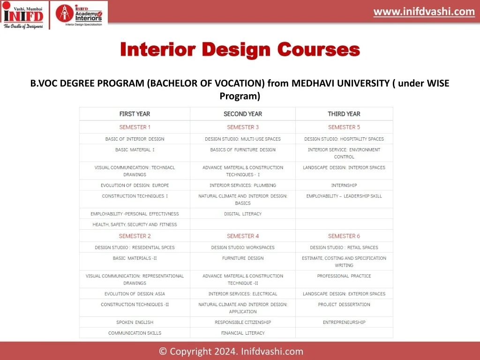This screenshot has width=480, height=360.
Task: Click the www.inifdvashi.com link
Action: pyautogui.click(x=424, y=12)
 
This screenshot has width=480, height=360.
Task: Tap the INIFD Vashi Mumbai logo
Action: pyautogui.click(x=23, y=15)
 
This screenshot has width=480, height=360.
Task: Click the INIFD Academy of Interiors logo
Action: pyautogui.click(x=79, y=15)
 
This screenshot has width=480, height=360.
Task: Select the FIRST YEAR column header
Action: pyautogui.click(x=135, y=114)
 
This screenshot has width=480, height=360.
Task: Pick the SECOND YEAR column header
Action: pyautogui.click(x=243, y=114)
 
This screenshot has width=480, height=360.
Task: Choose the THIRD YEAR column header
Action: pyautogui.click(x=344, y=114)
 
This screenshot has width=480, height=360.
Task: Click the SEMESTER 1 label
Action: pyautogui.click(x=135, y=127)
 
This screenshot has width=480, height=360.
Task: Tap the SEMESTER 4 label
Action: pyautogui.click(x=243, y=236)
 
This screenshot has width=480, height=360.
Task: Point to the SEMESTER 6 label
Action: pyautogui.click(x=344, y=236)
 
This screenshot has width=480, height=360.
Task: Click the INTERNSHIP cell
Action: pyautogui.click(x=344, y=185)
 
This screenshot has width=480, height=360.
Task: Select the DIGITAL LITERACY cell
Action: pyautogui.click(x=243, y=214)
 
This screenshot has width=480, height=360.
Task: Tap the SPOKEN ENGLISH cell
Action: pyautogui.click(x=135, y=322)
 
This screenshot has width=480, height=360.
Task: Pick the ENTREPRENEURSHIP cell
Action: pyautogui.click(x=344, y=322)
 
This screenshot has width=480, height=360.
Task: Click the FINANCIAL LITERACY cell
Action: pyautogui.click(x=243, y=333)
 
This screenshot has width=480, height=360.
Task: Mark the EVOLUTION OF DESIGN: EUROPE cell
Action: pyautogui.click(x=135, y=185)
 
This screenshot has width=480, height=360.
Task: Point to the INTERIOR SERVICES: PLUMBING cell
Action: pyautogui.click(x=243, y=185)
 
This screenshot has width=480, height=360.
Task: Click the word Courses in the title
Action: pyautogui.click(x=319, y=49)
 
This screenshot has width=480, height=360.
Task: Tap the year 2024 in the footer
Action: pyautogui.click(x=225, y=351)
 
